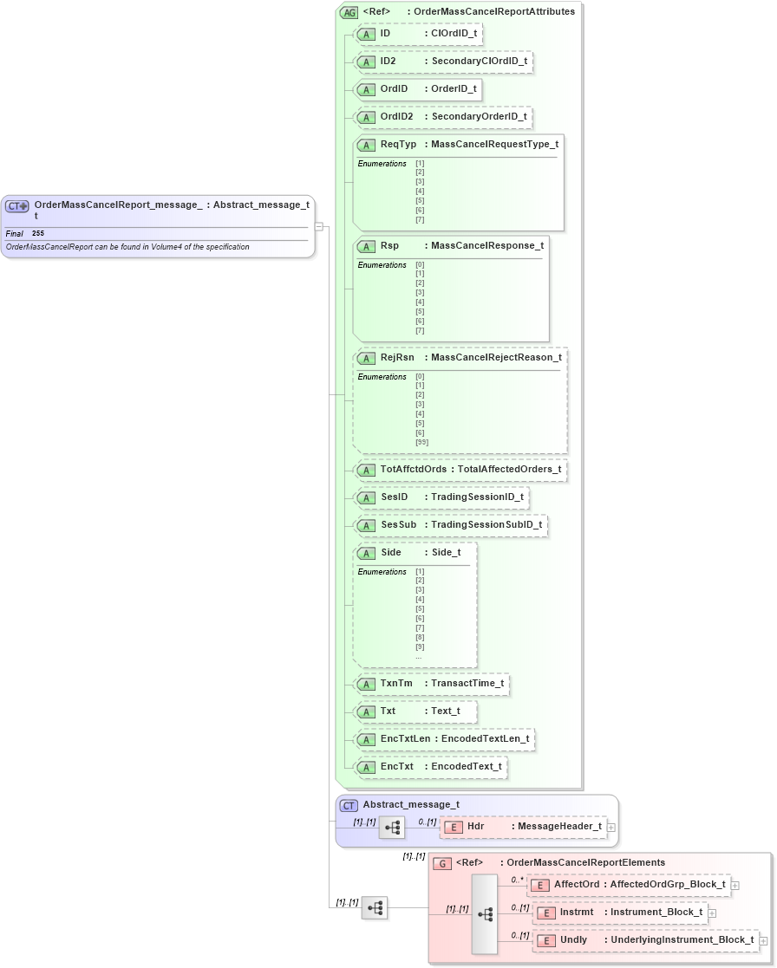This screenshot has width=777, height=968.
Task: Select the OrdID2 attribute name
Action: click(x=396, y=116)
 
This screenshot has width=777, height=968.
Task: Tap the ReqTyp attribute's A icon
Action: click(x=366, y=145)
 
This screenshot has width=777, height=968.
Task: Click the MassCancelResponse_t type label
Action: click(x=487, y=245)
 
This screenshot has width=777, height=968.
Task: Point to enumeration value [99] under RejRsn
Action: click(x=421, y=442)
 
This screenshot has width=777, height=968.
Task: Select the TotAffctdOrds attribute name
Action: click(x=413, y=469)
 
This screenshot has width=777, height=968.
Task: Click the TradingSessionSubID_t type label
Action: click(x=486, y=524)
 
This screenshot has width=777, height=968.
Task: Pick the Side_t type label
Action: click(x=446, y=552)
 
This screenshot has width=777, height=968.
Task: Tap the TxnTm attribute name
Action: click(x=396, y=683)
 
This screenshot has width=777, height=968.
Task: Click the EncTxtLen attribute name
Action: click(x=405, y=738)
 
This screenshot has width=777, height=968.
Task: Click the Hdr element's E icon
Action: click(x=452, y=827)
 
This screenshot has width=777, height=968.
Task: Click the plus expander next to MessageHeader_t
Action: click(x=611, y=827)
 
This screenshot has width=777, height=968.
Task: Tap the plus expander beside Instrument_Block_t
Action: click(x=713, y=913)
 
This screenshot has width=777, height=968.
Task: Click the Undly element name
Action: click(x=573, y=939)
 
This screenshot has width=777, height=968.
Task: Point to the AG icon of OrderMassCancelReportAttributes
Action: click(x=349, y=12)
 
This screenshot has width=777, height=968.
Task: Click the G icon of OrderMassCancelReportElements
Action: click(x=442, y=863)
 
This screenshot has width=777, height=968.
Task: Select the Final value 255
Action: click(x=38, y=234)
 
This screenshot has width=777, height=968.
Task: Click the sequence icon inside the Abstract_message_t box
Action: click(x=392, y=827)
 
